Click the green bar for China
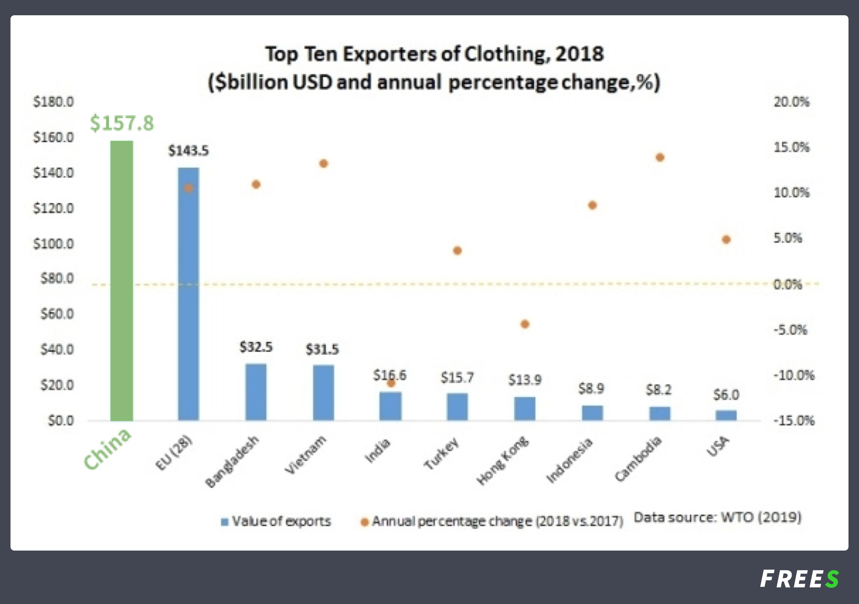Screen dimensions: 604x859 pyautogui.click(x=122, y=281)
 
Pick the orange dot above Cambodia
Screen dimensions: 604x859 pyautogui.click(x=660, y=157)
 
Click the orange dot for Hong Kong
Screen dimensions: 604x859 pyautogui.click(x=525, y=324)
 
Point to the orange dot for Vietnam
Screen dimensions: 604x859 pyautogui.click(x=324, y=163)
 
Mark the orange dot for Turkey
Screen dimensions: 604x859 pyautogui.click(x=457, y=251)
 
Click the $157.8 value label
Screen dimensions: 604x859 pyautogui.click(x=122, y=123)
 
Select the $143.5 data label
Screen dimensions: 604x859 pyautogui.click(x=189, y=151)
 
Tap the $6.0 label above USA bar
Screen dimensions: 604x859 pyautogui.click(x=726, y=395)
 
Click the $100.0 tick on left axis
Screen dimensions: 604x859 pyautogui.click(x=53, y=244)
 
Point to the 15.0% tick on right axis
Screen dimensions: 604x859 pyautogui.click(x=791, y=147)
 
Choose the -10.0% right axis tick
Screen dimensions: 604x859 pyautogui.click(x=794, y=375)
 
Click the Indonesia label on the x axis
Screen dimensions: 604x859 pyautogui.click(x=570, y=460)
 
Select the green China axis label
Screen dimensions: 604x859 pyautogui.click(x=108, y=449)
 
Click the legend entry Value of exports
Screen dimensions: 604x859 pyautogui.click(x=277, y=521)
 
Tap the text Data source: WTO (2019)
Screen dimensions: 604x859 pyautogui.click(x=717, y=517)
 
